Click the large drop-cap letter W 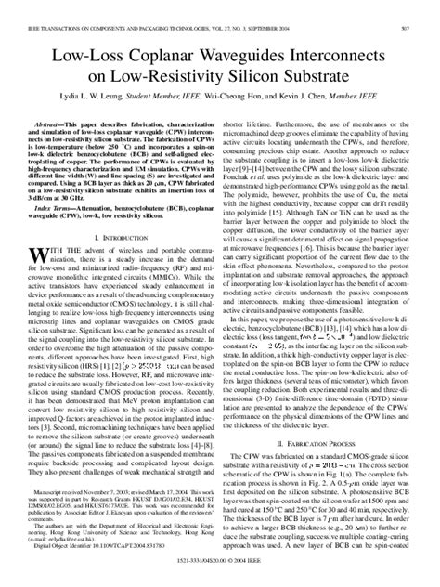42,257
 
